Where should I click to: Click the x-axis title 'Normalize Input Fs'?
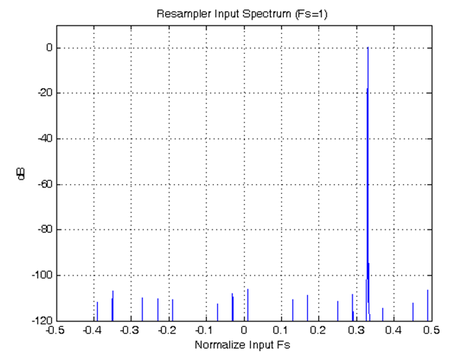(x=242, y=345)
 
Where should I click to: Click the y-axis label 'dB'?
(x=22, y=174)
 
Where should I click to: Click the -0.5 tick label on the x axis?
(x=55, y=330)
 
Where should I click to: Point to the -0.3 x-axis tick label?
(x=130, y=330)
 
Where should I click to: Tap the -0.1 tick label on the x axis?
(x=205, y=330)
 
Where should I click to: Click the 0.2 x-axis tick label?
(x=319, y=330)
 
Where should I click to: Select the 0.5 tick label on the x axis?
(x=432, y=330)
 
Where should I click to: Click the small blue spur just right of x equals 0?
(x=247, y=304)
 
